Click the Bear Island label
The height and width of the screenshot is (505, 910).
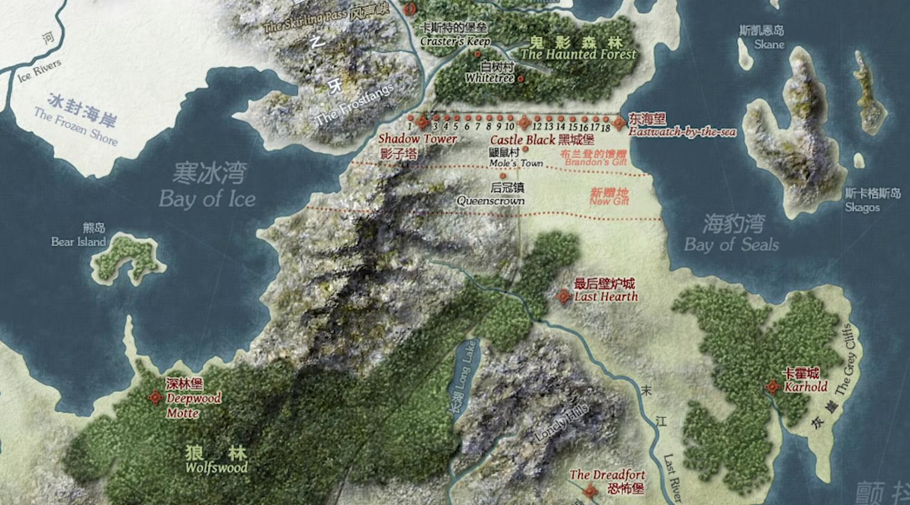[78, 241]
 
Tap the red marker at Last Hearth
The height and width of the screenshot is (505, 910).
[564, 296]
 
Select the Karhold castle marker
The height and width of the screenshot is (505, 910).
[773, 387]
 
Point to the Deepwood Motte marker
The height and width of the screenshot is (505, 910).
[156, 397]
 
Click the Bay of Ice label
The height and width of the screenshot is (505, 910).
[207, 199]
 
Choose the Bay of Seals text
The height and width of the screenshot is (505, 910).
[731, 244]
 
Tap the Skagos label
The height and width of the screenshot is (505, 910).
[862, 207]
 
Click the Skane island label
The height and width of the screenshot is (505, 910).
[769, 44]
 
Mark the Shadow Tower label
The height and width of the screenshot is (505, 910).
[417, 139]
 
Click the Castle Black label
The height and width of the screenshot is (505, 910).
[523, 140]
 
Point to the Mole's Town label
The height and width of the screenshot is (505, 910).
[516, 163]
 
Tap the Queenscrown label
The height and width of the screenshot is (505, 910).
[490, 201]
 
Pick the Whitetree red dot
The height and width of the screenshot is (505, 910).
[521, 79]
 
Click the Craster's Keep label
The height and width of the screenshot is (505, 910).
[455, 41]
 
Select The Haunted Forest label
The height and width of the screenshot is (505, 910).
[578, 54]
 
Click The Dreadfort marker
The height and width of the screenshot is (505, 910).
[590, 491]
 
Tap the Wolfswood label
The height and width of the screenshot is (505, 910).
[216, 467]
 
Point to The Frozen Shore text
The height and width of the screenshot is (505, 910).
[76, 126]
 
